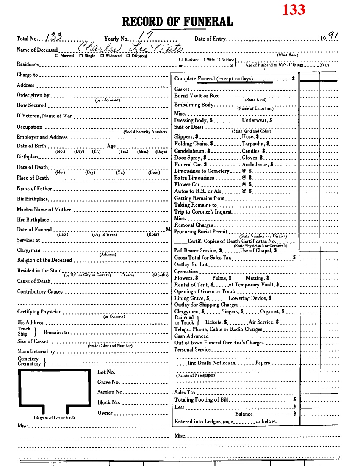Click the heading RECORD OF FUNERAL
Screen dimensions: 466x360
(177, 22)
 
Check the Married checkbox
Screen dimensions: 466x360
(57, 56)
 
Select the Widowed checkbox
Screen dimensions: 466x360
(102, 56)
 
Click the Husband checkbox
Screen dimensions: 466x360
(181, 60)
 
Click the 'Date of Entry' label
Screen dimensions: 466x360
(210, 39)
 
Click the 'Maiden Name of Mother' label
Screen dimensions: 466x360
(44, 209)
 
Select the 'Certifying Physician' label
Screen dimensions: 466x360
(39, 312)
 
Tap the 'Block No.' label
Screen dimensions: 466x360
(109, 402)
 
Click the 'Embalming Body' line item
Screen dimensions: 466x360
(194, 105)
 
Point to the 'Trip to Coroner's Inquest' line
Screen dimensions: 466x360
(203, 211)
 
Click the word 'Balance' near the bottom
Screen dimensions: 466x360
(244, 414)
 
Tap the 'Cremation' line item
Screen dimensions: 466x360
(186, 271)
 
